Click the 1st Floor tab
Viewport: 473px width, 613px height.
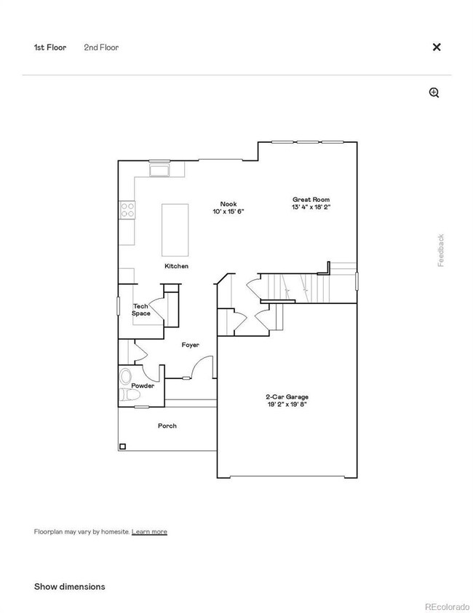pyautogui.click(x=50, y=47)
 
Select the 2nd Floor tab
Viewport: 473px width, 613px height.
pyautogui.click(x=101, y=47)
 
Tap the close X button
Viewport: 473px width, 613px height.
pyautogui.click(x=437, y=47)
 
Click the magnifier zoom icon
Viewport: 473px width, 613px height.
pyautogui.click(x=434, y=93)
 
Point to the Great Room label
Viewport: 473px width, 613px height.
pyautogui.click(x=311, y=199)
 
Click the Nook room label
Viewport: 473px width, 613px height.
pyautogui.click(x=228, y=204)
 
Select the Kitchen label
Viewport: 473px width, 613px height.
pyautogui.click(x=176, y=266)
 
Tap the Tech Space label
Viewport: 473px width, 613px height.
pyautogui.click(x=141, y=310)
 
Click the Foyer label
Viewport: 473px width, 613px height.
pyautogui.click(x=190, y=345)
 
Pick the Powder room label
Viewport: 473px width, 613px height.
pyautogui.click(x=143, y=386)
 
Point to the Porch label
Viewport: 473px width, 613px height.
pyautogui.click(x=167, y=426)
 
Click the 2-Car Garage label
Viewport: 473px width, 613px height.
pyautogui.click(x=286, y=397)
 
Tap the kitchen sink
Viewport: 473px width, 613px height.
pyautogui.click(x=159, y=170)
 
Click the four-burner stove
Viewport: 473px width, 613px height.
pyautogui.click(x=127, y=210)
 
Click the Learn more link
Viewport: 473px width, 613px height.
pyautogui.click(x=149, y=532)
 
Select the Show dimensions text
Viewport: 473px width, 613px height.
pyautogui.click(x=70, y=587)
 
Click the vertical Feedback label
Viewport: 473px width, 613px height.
pyautogui.click(x=441, y=250)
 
